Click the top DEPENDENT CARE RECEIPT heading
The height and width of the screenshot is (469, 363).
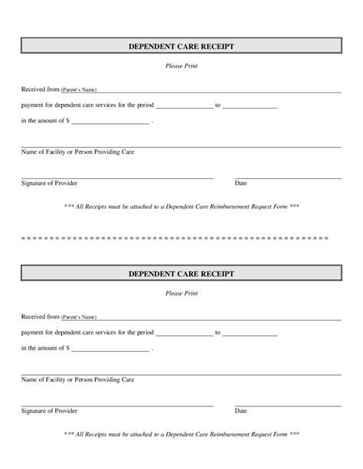[x=181, y=47]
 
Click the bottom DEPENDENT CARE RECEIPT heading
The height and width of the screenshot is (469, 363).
[x=181, y=273]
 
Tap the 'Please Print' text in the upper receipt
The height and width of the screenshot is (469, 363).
[x=181, y=67]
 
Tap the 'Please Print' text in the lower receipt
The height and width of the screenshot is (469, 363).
[x=181, y=293]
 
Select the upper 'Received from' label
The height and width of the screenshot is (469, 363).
[x=40, y=90]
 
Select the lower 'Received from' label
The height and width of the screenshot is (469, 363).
[x=40, y=316]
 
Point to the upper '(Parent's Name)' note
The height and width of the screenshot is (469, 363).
[x=79, y=90]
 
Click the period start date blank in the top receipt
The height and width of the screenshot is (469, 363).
[x=185, y=107]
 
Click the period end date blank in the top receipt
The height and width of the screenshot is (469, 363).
[x=250, y=107]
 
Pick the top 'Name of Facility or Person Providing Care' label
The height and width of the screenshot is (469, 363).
[x=77, y=152]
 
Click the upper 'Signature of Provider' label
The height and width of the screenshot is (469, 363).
[x=49, y=184]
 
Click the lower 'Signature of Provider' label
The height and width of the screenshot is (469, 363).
[x=49, y=411]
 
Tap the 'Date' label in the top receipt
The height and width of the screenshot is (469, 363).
[x=241, y=184]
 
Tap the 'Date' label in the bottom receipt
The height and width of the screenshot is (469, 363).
[x=241, y=411]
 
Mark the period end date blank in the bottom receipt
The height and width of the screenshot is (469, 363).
[x=250, y=334]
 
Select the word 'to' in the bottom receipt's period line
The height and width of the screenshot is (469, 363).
[x=218, y=333]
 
